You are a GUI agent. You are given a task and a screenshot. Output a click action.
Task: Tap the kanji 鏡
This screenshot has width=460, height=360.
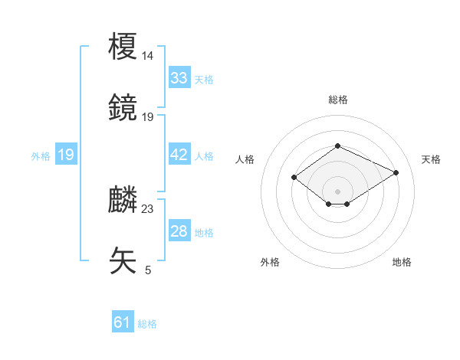[x=123, y=107]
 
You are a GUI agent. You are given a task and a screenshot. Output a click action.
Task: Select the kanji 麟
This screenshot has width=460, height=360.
[x=123, y=199]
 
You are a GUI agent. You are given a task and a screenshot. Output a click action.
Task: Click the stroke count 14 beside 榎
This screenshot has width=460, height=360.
[x=148, y=56]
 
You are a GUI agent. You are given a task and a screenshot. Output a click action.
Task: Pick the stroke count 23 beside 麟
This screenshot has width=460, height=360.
[x=148, y=208]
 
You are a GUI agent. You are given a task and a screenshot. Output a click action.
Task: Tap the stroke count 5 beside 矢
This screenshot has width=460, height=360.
[x=148, y=270]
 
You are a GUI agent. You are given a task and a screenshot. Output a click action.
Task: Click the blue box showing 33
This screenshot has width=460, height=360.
[x=179, y=78]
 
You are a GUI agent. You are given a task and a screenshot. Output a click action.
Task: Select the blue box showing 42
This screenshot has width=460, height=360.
[x=179, y=155]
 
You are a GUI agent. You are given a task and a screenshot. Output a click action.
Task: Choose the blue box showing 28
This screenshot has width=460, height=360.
[x=179, y=231]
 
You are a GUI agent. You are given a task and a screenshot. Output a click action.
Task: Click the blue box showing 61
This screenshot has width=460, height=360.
[x=123, y=322]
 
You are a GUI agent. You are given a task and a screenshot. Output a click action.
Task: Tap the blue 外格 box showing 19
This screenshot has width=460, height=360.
[x=66, y=155]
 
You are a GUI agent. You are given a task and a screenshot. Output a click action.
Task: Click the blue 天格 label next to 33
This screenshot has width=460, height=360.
[x=204, y=80]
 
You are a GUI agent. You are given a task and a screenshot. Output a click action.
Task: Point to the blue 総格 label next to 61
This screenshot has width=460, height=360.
[x=147, y=324]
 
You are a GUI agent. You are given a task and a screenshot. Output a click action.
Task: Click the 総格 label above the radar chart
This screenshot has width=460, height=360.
[x=338, y=100]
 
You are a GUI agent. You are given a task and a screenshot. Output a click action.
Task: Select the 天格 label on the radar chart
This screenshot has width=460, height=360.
[x=431, y=159]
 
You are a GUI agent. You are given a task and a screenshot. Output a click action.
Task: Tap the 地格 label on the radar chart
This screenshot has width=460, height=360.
[x=402, y=262]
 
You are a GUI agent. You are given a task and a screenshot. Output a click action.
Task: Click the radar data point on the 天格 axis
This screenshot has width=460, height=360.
[x=396, y=173]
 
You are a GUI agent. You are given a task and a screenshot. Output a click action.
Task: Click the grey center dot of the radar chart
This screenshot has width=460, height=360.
[x=338, y=191]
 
